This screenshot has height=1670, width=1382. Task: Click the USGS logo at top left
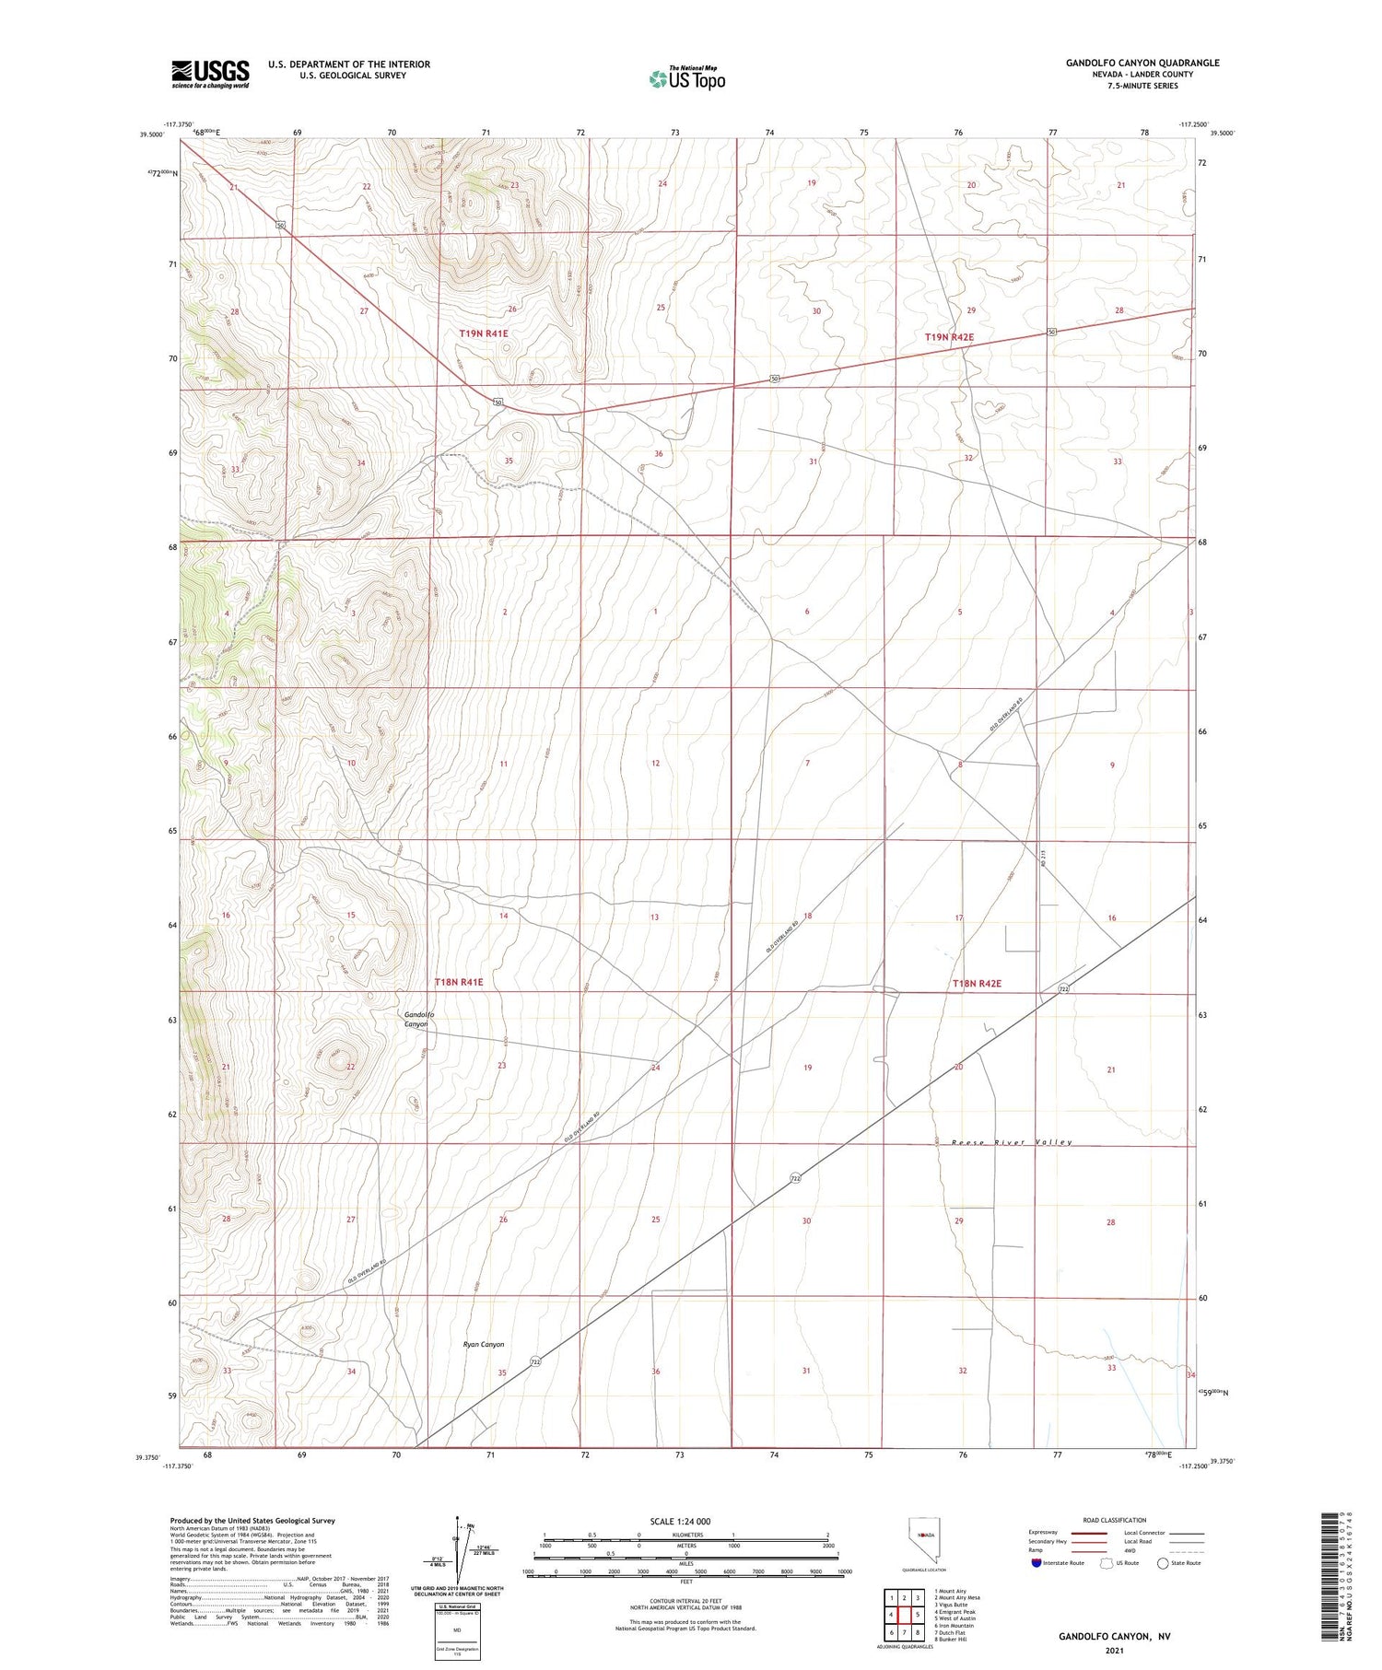pos(210,74)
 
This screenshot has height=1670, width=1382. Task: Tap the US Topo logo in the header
pos(687,78)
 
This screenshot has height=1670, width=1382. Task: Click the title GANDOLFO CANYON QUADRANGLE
pos(1142,63)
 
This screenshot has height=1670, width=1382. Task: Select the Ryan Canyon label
pos(484,1344)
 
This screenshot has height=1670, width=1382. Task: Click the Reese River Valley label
pos(1000,1142)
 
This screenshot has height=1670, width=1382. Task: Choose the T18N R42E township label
pos(977,984)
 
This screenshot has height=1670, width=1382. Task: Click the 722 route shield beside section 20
pos(1064,989)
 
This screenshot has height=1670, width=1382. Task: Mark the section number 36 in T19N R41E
pos(658,454)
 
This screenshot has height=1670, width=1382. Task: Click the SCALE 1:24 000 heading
pos(680,1521)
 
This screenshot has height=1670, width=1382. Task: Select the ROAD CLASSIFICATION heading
pos(1115,1520)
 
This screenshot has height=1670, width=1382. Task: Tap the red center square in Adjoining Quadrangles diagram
pos(918,1615)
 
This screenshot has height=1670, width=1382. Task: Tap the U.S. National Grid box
pos(457,1630)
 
